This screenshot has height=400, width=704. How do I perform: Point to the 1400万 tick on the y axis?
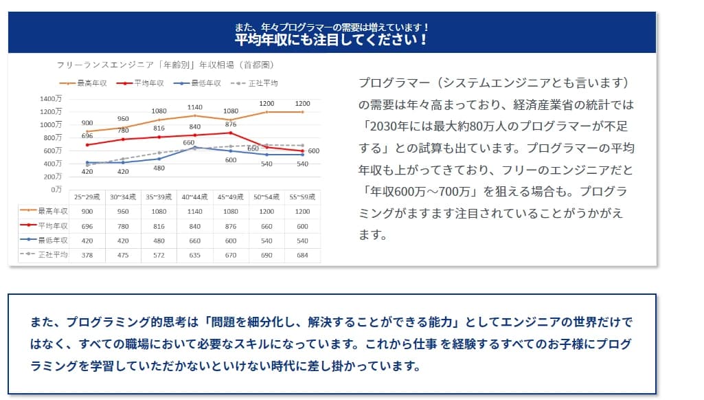(x=51, y=99)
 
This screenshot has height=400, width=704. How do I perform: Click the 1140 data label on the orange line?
(x=195, y=107)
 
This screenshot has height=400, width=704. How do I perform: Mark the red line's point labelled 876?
(x=231, y=133)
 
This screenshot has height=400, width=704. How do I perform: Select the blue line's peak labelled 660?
(x=195, y=147)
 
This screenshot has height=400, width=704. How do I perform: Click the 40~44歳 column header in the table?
(x=195, y=197)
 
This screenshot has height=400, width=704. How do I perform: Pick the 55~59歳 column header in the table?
(x=302, y=197)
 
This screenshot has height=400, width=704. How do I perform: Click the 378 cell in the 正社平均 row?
(x=88, y=256)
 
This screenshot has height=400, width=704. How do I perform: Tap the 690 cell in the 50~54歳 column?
(x=266, y=256)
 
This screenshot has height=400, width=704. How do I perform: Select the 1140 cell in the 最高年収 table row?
(x=195, y=212)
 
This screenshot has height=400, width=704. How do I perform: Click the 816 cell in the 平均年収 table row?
(x=159, y=226)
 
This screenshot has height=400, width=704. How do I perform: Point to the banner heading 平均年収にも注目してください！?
(x=332, y=40)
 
